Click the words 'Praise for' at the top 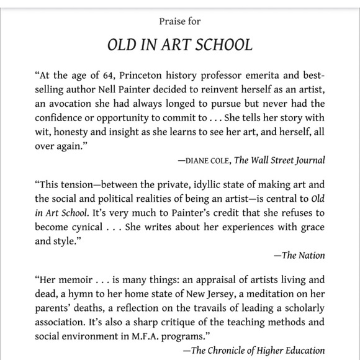coord(179,22)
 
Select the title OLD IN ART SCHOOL coord(180,46)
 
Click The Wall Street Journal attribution coord(280,160)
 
